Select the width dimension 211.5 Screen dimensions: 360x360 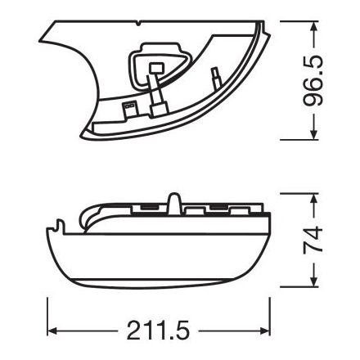(x=159, y=331)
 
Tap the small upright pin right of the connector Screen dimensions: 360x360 (x=215, y=79)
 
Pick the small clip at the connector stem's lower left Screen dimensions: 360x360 (x=128, y=107)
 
